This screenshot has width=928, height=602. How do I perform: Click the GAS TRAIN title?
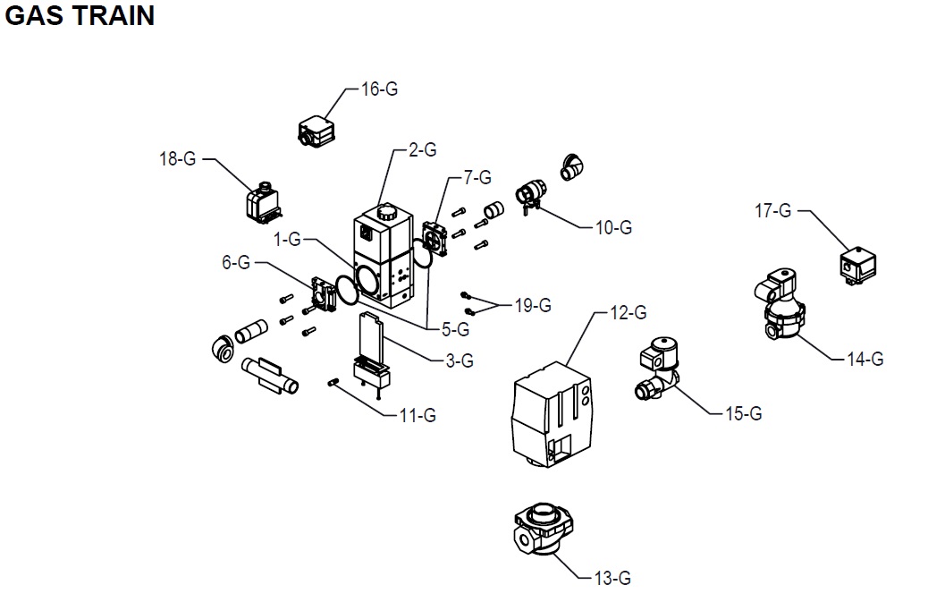coord(80,15)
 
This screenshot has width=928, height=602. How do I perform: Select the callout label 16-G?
coord(379,89)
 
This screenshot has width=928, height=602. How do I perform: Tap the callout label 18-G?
coord(178,158)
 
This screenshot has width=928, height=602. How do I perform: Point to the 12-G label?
coord(629,312)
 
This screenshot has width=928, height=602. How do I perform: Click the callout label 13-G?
coord(612,578)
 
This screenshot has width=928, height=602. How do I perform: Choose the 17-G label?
coord(773,210)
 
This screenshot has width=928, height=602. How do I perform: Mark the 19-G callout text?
coord(533,305)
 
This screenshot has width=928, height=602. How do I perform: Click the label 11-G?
coord(418,416)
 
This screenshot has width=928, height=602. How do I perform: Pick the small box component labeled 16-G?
coord(316,131)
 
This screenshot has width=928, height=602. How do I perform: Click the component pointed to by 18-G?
coord(264,202)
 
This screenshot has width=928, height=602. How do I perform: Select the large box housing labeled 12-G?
coord(551,415)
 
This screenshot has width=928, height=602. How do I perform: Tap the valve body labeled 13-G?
coord(544,529)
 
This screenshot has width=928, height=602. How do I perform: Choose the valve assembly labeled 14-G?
coord(780,305)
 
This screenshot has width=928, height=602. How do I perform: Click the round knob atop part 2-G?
coord(386,212)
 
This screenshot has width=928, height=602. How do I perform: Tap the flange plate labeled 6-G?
coord(324,294)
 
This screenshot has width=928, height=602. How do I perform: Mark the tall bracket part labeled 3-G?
coord(372,352)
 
